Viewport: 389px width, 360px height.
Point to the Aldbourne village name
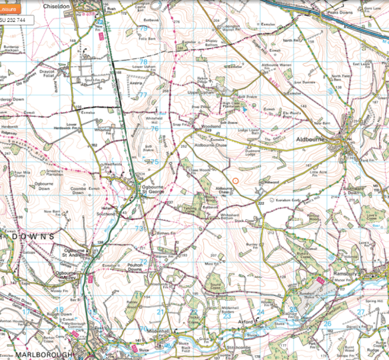[x=308, y=140]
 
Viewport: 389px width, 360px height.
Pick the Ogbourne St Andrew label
[x=75, y=254]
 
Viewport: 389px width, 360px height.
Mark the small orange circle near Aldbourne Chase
[x=235, y=179]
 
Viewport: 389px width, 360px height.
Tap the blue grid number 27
[x=361, y=311]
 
